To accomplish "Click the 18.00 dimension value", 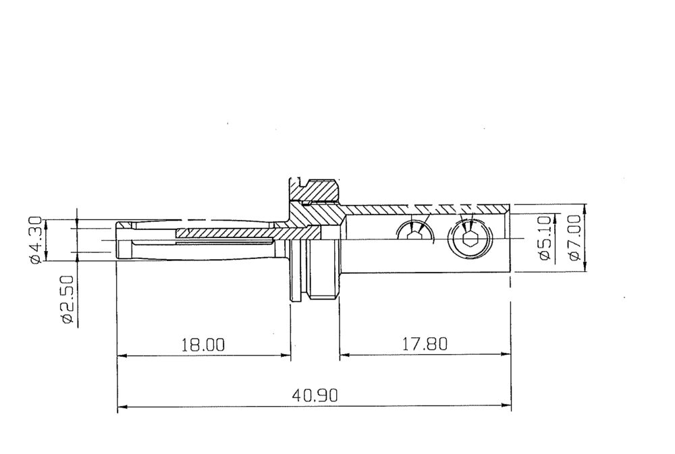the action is (202, 345).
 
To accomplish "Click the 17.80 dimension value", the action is (425, 344).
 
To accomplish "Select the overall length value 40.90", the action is (315, 395).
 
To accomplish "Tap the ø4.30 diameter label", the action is (35, 239).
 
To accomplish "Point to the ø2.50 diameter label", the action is (68, 300).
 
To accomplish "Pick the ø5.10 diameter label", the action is (545, 237).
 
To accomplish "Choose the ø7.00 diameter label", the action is (574, 237).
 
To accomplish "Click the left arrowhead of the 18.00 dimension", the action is (122, 356).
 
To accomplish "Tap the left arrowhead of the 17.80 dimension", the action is (344, 355).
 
